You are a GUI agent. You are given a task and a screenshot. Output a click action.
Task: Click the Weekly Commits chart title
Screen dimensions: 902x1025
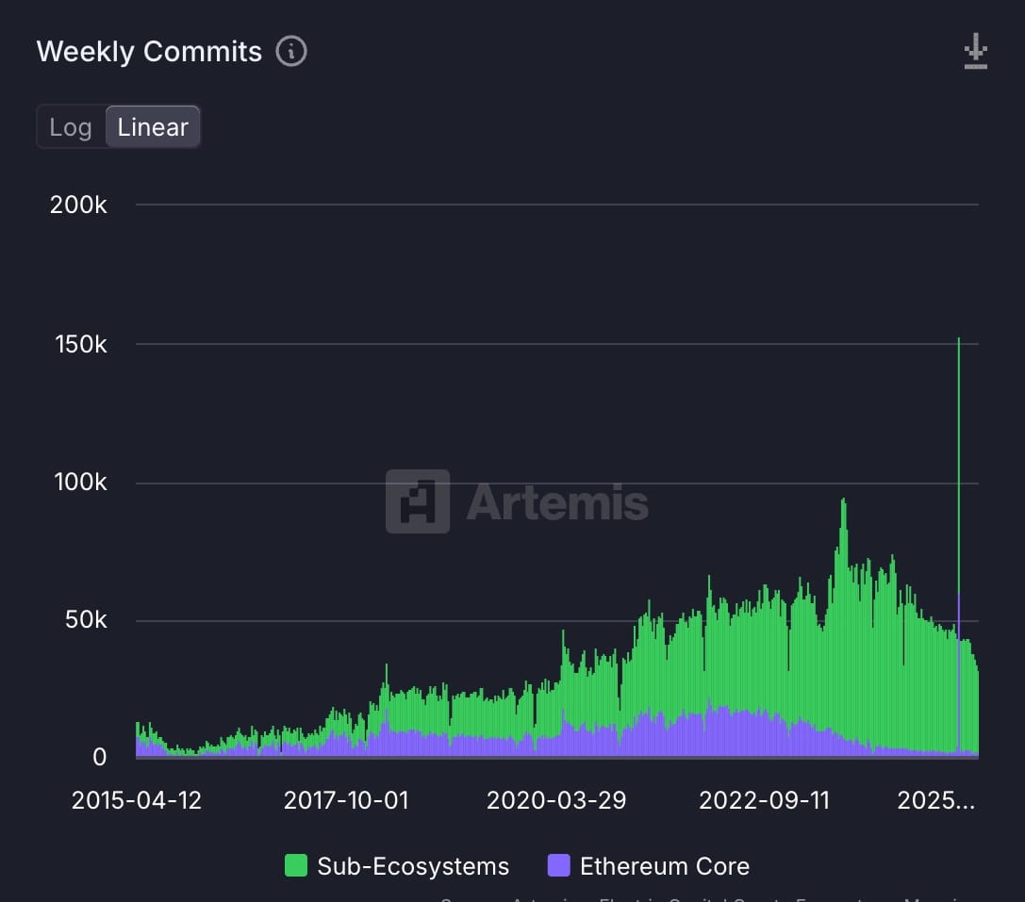[x=149, y=51]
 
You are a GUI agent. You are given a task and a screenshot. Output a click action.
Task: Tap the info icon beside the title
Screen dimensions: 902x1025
[x=291, y=51]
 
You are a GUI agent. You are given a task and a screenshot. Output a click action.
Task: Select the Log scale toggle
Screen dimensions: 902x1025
[x=71, y=127]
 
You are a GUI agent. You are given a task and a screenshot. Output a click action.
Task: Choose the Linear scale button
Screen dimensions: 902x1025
[x=153, y=127]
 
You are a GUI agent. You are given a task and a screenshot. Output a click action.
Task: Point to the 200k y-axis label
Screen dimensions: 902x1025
[x=78, y=205]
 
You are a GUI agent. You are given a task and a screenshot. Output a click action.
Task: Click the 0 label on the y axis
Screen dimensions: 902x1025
[x=98, y=757]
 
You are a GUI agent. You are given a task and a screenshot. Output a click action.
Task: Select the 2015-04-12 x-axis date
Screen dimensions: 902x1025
[x=136, y=800]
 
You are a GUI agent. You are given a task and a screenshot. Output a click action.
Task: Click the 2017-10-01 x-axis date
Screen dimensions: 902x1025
[x=346, y=800]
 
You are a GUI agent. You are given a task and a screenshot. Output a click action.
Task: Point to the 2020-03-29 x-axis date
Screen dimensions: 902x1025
[x=555, y=800]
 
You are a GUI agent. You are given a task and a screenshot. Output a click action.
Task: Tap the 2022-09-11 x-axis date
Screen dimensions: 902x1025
[x=764, y=800]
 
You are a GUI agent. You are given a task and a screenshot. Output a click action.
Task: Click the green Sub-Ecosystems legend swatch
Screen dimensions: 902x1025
[x=296, y=866]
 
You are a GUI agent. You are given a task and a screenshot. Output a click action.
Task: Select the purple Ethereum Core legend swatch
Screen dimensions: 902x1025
[x=558, y=866]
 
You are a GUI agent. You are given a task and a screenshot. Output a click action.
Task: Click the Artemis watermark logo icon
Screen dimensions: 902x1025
[x=418, y=501]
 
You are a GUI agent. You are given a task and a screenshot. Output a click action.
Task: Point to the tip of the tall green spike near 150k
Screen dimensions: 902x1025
[x=959, y=339]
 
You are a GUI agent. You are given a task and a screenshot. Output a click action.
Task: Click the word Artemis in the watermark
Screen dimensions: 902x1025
[x=557, y=502]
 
